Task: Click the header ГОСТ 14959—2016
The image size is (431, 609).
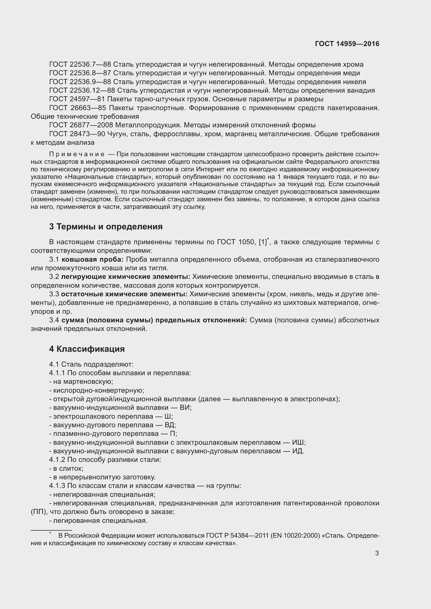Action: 347,44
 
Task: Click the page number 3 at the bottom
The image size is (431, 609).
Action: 377,553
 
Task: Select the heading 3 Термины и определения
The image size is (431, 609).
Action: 106,227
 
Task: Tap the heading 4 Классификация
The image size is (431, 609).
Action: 87,349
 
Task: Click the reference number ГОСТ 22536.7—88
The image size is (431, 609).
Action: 80,65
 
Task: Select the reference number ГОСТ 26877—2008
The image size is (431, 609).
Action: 81,125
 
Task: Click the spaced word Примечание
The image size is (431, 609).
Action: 77,154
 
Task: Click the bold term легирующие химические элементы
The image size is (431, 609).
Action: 126,277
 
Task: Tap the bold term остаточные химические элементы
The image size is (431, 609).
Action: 124,294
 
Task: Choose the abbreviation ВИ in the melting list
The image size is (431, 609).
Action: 186,407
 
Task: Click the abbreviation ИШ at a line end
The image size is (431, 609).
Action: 298,442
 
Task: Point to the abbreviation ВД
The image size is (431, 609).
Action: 170,425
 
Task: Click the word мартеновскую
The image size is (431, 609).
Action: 83,381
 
